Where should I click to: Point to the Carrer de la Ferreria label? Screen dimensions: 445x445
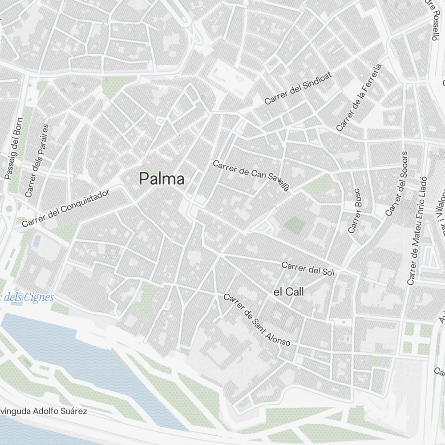tap(359, 97)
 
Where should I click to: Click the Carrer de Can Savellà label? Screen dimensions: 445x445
tap(251, 175)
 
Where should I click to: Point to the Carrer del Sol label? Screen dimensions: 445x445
tap(307, 268)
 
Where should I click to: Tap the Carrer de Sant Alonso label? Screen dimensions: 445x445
tap(257, 320)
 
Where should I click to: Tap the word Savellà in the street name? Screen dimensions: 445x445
tap(278, 182)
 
